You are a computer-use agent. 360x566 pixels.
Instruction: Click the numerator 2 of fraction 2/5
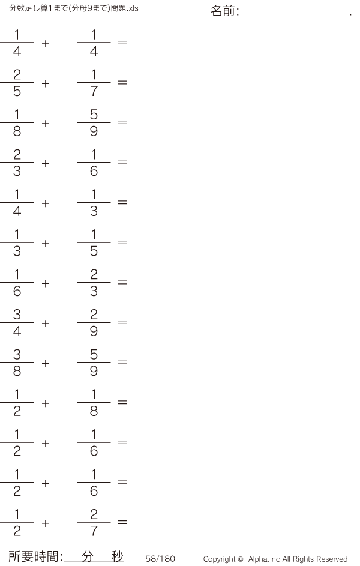(17, 74)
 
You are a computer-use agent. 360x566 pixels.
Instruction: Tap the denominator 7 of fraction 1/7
(94, 91)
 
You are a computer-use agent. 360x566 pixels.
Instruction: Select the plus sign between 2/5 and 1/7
(46, 84)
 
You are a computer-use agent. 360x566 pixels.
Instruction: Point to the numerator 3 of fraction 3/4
(17, 315)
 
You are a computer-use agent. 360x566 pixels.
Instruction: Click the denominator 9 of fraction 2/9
(94, 331)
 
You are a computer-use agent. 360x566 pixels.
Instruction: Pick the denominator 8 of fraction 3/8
(17, 371)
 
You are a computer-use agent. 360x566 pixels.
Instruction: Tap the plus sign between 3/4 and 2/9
(46, 324)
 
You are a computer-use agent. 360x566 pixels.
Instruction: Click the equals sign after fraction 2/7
(122, 522)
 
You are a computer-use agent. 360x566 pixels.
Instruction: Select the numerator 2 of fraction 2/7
(94, 514)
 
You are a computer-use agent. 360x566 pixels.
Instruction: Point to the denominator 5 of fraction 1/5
(94, 251)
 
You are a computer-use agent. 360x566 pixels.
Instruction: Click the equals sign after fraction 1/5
(122, 242)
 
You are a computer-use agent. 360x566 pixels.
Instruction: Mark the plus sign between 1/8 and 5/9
(46, 124)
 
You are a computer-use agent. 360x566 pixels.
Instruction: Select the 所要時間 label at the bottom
(32, 556)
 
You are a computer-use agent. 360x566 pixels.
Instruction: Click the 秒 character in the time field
(117, 556)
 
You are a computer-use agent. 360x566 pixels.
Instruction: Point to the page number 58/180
(160, 558)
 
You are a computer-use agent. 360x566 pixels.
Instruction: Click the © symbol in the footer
(241, 559)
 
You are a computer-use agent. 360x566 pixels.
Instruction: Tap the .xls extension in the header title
(133, 8)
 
